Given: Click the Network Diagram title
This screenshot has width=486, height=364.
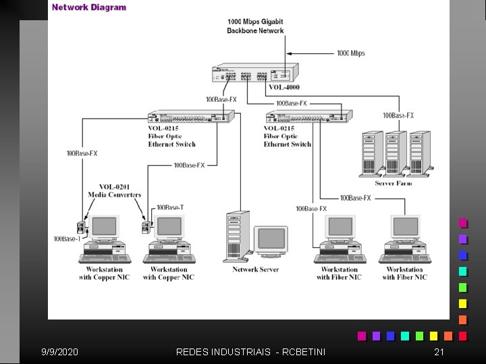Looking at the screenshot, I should point(89,7).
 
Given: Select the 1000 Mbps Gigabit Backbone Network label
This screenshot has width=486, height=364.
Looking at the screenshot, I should point(255,26).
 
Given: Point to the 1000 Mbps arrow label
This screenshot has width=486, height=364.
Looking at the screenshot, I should point(351,53).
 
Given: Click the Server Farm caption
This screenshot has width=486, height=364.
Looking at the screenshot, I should point(394,182).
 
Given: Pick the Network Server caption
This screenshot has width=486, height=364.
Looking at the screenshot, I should point(255,270).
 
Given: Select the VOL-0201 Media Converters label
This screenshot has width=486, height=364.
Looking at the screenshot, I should point(115,191).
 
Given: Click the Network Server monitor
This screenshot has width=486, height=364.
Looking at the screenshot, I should point(270,240).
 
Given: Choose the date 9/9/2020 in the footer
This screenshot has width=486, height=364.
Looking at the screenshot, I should point(59,352).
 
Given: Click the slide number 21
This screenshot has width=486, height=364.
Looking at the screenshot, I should point(439,352).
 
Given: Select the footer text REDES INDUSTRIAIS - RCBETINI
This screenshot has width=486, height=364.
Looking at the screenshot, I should point(250,352).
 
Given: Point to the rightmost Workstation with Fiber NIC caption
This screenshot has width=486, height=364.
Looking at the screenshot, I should point(404,273).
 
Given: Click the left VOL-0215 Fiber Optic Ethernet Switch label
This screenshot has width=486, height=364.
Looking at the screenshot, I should point(171,136).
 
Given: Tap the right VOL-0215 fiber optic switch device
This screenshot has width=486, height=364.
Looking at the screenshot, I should point(308,116).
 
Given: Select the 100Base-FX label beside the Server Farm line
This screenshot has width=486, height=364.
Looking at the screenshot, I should point(398,115).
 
